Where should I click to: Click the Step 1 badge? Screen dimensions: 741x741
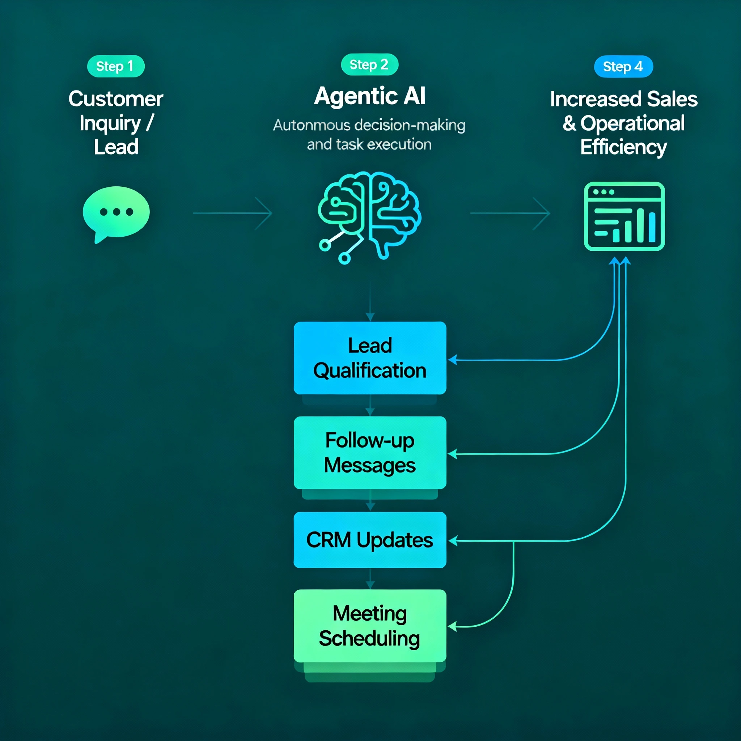click(115, 66)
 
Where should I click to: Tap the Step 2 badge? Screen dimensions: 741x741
click(369, 64)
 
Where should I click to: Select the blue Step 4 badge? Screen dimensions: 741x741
click(623, 67)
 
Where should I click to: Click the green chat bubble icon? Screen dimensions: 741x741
click(116, 212)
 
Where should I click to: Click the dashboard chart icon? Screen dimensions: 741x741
click(624, 217)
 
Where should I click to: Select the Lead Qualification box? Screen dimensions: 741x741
click(370, 358)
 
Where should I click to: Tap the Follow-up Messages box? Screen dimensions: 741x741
click(370, 453)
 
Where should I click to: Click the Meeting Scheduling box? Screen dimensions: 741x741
click(370, 626)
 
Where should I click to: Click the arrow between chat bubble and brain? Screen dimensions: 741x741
click(232, 213)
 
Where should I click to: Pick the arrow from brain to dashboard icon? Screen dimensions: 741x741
click(510, 213)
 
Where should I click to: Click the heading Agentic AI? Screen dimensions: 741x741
click(370, 96)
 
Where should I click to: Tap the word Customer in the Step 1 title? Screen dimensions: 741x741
click(116, 99)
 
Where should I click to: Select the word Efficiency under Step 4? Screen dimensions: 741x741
click(624, 147)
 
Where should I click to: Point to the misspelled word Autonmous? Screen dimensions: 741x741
click(312, 126)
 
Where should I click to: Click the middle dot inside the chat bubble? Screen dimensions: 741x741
click(116, 212)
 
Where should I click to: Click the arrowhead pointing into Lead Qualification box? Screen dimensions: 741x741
click(452, 360)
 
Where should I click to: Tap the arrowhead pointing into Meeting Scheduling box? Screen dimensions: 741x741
click(452, 627)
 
